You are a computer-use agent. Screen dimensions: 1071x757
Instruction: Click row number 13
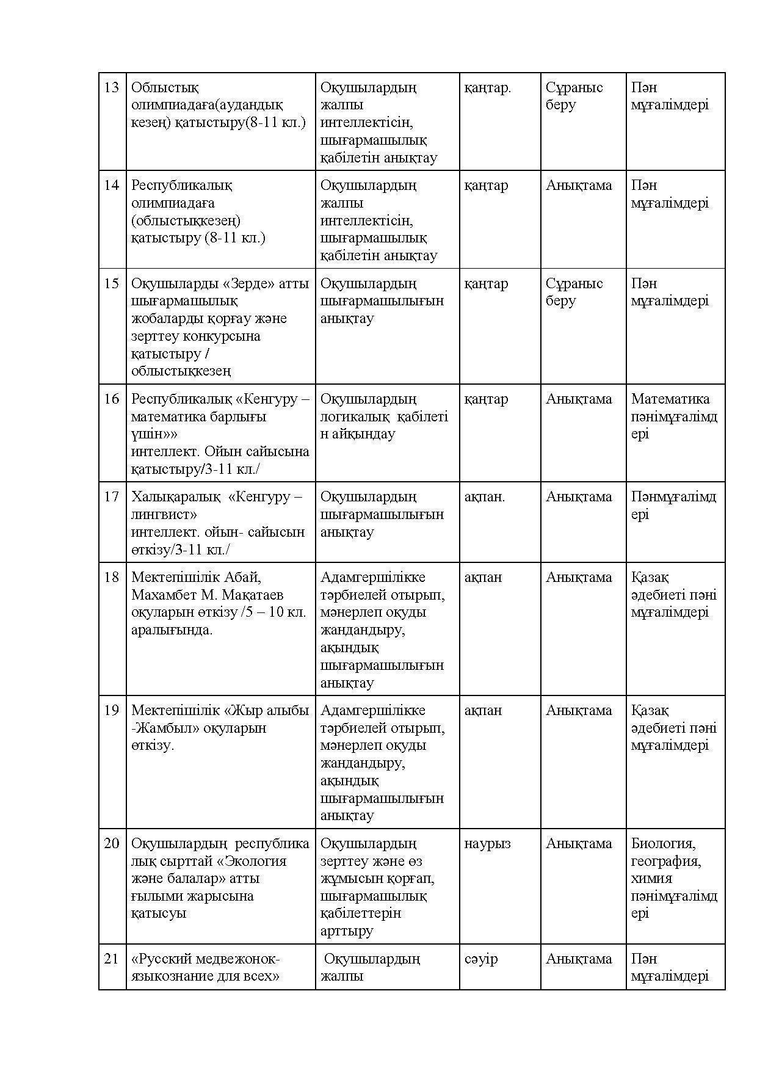tap(111, 87)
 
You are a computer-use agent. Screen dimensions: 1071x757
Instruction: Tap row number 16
tap(111, 399)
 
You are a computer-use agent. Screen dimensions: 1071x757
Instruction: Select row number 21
tap(111, 959)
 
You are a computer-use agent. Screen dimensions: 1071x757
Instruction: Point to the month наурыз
tap(487, 843)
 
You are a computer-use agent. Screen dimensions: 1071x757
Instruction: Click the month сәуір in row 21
tap(481, 959)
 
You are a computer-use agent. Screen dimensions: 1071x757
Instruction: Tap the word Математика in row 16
tap(670, 399)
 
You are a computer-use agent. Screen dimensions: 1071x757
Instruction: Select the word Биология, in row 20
tap(664, 843)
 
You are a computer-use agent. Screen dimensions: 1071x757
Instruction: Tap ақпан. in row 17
tap(485, 496)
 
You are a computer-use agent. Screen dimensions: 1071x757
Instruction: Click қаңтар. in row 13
tap(487, 87)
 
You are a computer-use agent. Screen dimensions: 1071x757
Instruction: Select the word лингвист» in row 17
tap(164, 514)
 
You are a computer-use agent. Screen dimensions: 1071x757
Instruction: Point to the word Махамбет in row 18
tap(159, 595)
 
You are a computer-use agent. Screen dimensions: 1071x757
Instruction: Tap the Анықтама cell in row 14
tap(579, 185)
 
